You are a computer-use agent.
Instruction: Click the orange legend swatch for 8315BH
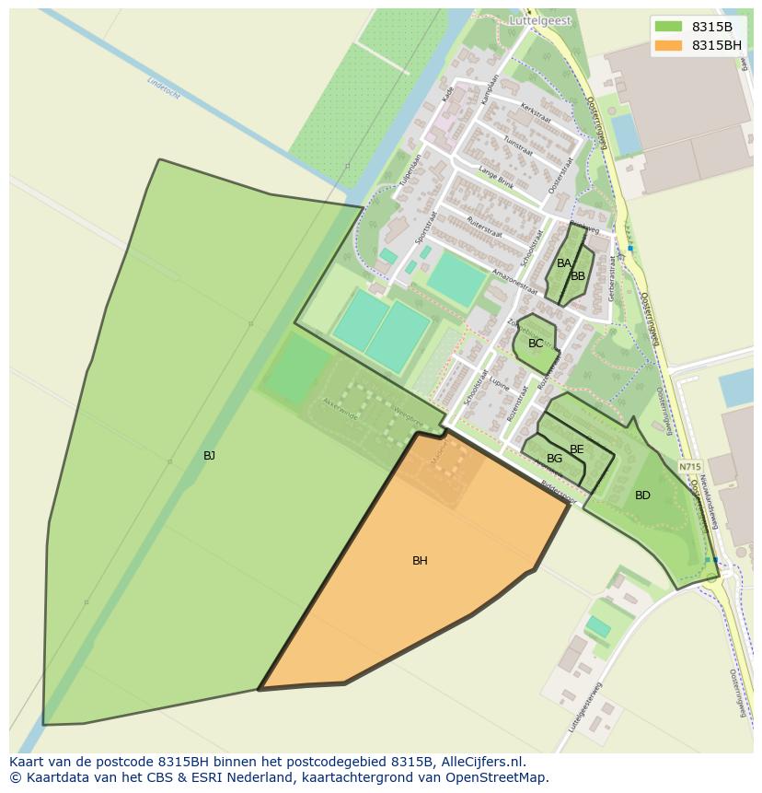click(x=668, y=45)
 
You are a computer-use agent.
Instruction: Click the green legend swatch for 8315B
click(x=668, y=27)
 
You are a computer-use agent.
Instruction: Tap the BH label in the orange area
click(x=420, y=561)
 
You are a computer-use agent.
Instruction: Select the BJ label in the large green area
click(x=209, y=456)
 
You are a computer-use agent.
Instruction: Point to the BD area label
click(x=642, y=496)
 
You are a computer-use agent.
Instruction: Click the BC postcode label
click(x=536, y=344)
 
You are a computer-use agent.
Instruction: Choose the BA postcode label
click(x=563, y=263)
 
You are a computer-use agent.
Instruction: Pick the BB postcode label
click(x=578, y=276)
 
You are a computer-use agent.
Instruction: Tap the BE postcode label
click(x=577, y=449)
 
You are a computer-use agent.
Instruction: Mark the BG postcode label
click(x=554, y=459)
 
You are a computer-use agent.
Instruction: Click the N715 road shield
click(x=689, y=467)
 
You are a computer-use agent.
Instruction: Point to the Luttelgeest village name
click(x=539, y=20)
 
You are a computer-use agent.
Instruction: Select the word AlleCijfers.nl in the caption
click(x=483, y=762)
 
